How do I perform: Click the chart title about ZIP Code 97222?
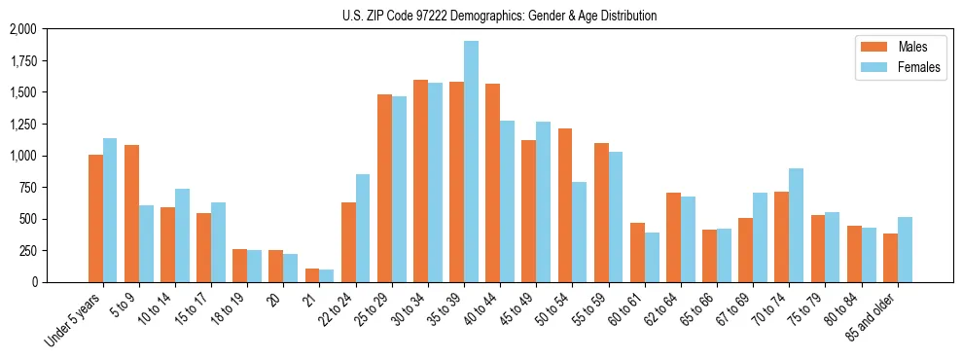(499, 16)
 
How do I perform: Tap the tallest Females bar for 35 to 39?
(471, 162)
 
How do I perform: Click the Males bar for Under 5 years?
(95, 218)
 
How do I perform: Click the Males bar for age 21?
(311, 275)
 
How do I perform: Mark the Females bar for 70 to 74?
(796, 225)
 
